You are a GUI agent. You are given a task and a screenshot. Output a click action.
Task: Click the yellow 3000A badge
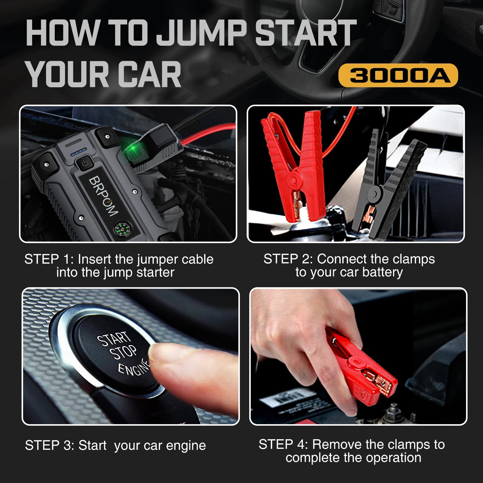398,75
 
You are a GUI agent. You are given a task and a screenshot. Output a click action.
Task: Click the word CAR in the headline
151,75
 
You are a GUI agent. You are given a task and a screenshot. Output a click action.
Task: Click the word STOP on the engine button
123,352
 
